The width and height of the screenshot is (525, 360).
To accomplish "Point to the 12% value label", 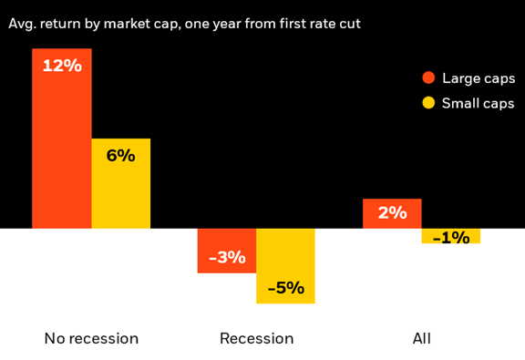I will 62,66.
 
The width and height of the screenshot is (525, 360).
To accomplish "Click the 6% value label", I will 120,156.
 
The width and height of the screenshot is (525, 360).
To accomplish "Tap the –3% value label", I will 227,258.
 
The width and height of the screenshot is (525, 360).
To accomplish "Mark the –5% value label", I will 285,288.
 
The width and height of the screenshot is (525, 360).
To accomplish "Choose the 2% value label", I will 392,212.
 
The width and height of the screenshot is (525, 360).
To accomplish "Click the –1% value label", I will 451,238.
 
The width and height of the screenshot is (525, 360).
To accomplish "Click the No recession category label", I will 91,339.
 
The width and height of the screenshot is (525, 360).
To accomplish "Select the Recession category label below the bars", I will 256,339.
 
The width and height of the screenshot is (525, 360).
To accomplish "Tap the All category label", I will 421,339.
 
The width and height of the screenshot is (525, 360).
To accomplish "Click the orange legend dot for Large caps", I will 428,77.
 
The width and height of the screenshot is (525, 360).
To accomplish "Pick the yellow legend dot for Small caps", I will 428,103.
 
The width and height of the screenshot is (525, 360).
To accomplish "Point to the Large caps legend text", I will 479,78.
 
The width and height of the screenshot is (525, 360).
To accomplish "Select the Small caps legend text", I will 479,103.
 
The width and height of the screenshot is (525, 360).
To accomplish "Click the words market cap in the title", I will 143,24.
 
